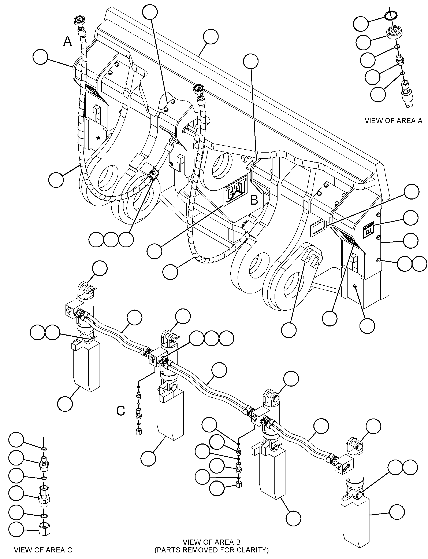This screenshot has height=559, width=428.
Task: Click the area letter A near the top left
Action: tap(67, 41)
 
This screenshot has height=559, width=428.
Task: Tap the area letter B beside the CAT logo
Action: tap(254, 200)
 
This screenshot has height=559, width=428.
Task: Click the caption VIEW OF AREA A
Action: tap(393, 121)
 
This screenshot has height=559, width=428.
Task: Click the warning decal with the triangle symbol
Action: tap(368, 227)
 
